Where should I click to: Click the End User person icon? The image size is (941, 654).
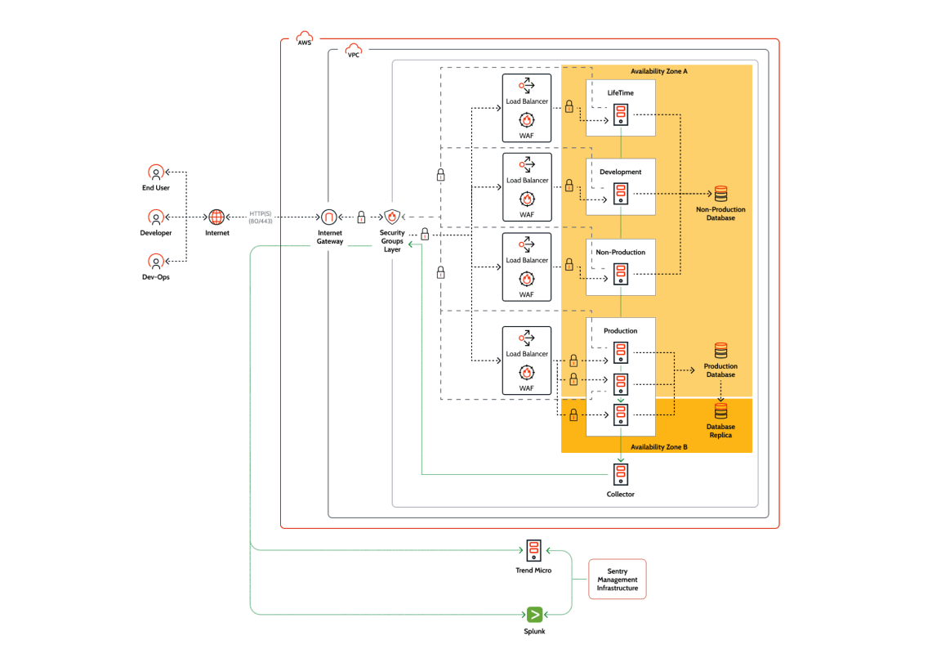click(155, 172)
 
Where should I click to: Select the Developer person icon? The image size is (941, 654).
click(155, 217)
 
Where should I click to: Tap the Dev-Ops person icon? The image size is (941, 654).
click(155, 262)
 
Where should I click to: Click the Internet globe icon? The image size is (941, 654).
click(216, 217)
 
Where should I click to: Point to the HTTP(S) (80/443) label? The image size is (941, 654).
click(261, 217)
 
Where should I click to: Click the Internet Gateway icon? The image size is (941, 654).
click(329, 217)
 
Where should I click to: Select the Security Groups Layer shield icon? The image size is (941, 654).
click(392, 217)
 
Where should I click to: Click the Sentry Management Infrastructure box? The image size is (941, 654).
click(617, 580)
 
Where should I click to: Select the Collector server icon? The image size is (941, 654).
click(621, 475)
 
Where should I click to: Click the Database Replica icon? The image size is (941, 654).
click(720, 410)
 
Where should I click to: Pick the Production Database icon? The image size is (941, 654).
click(720, 351)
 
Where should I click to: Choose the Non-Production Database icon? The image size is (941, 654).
click(720, 195)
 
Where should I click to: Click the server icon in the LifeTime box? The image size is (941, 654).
click(621, 115)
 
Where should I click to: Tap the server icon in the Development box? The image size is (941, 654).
click(621, 195)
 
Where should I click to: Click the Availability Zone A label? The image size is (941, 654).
click(658, 72)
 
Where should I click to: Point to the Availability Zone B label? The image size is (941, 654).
click(658, 447)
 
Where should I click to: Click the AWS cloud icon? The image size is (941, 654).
click(304, 40)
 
